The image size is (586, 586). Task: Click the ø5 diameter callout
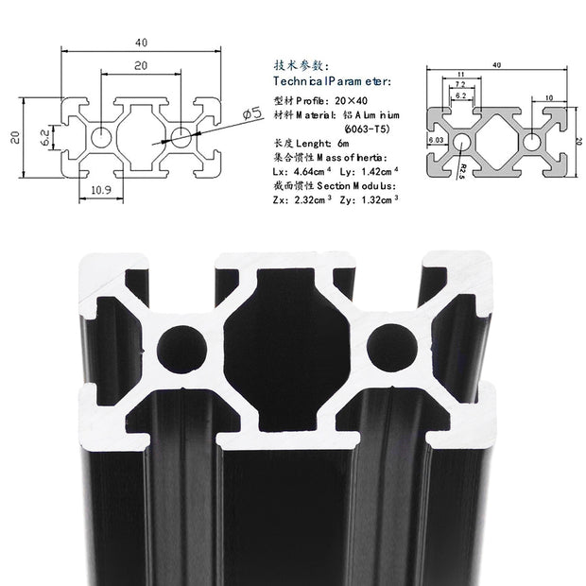(251, 114)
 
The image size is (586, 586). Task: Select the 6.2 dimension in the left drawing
(44, 137)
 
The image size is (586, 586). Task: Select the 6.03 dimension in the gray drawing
(436, 140)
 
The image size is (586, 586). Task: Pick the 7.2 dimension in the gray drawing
(458, 85)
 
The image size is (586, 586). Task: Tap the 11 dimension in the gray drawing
(458, 74)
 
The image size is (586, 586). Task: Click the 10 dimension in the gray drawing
(549, 97)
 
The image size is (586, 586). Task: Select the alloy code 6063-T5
(358, 129)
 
